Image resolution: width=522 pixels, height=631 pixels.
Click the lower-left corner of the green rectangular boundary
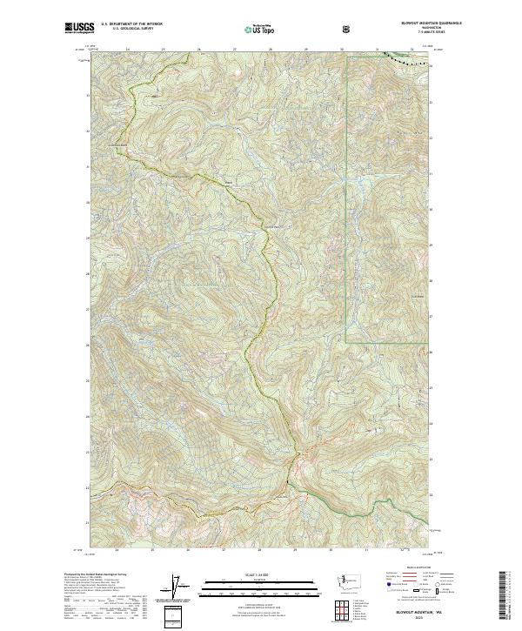click(x=345, y=339)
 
